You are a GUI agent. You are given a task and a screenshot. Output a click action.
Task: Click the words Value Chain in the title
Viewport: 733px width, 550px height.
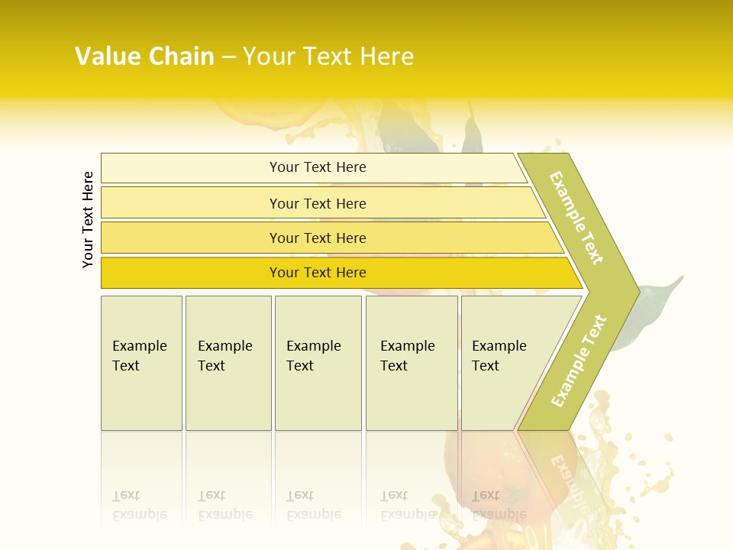click(x=144, y=57)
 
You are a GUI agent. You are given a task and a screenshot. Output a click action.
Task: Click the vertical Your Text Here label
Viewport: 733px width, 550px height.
click(x=88, y=219)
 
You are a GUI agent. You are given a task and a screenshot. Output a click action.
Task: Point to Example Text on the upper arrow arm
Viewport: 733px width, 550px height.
click(x=576, y=218)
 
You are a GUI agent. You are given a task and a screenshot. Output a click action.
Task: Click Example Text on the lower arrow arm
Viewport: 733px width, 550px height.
click(x=579, y=361)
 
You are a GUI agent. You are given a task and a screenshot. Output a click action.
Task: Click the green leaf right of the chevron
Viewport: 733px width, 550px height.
click(x=654, y=306)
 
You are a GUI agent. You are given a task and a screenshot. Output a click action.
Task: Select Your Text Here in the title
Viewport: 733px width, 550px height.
click(x=328, y=57)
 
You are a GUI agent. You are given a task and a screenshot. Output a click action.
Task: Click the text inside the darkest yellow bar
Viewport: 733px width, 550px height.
click(x=318, y=273)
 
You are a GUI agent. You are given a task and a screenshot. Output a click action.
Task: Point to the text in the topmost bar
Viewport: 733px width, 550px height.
click(x=318, y=167)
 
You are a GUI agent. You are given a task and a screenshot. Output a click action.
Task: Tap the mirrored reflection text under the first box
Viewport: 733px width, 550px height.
click(x=140, y=505)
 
